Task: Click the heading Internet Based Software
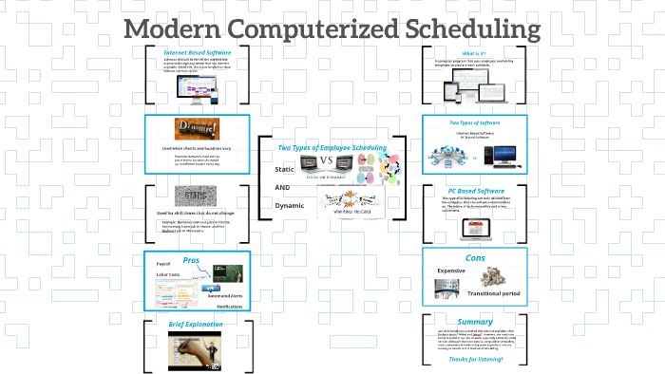[x=197, y=52]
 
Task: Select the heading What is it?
[x=475, y=52]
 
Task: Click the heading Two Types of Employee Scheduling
[x=332, y=147]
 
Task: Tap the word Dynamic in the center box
[x=289, y=205]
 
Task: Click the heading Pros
[x=190, y=258]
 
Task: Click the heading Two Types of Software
[x=475, y=122]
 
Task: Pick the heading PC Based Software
[x=475, y=191]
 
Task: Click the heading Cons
[x=475, y=258]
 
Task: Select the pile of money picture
[x=497, y=277]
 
